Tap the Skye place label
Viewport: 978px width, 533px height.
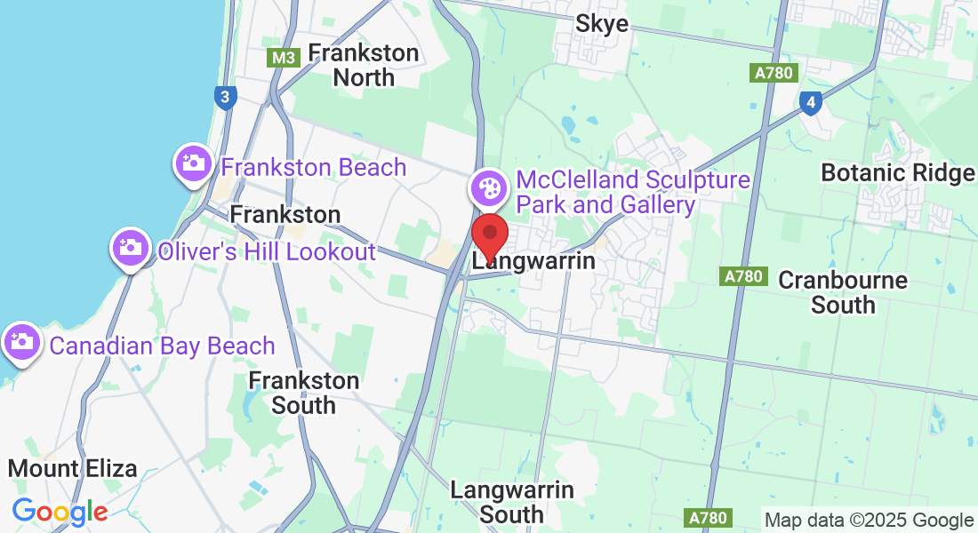pos(602,23)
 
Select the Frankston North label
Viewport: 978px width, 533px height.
pos(363,65)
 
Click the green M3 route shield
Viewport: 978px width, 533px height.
pos(284,58)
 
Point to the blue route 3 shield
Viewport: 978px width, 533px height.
pos(226,97)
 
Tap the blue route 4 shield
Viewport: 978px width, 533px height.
pos(809,102)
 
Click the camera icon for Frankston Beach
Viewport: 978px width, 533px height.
pos(192,163)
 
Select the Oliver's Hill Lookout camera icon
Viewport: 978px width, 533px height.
pos(130,247)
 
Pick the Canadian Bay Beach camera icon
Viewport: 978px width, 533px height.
pos(21,341)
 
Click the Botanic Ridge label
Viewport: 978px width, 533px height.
pos(897,172)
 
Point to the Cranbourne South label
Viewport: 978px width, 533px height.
pos(843,292)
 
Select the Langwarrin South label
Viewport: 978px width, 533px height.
pos(511,501)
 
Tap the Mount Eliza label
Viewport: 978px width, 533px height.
pos(72,468)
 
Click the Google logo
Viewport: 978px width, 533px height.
pos(60,512)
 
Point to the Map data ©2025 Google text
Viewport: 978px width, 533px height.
pos(869,521)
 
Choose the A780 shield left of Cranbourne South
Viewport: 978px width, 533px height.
pos(742,276)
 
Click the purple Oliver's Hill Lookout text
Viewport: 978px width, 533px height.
pos(267,251)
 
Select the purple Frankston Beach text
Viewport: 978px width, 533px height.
pos(313,167)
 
